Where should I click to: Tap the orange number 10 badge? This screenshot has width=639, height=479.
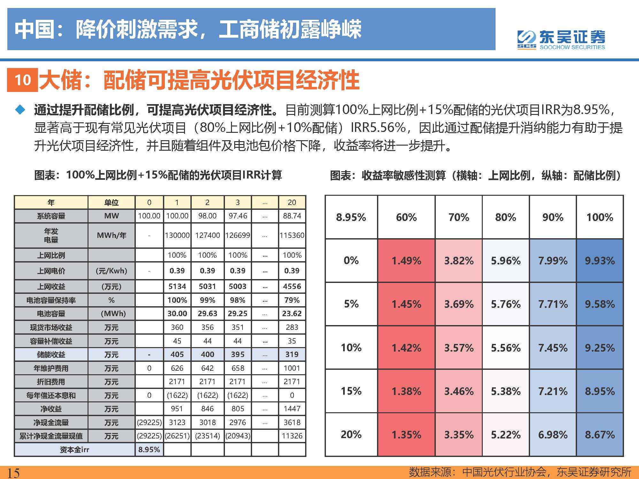tap(23, 80)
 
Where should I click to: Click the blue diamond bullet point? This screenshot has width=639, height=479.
tap(20, 110)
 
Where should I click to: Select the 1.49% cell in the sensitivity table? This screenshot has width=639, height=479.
tap(406, 261)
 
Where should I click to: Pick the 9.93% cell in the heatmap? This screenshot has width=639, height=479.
tap(600, 261)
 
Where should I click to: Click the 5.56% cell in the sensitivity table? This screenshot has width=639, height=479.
tap(505, 347)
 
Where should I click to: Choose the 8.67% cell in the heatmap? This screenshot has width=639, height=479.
tap(600, 434)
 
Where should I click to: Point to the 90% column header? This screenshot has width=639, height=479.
tap(553, 217)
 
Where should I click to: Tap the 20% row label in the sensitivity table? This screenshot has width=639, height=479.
tap(351, 434)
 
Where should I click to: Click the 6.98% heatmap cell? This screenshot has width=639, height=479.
tap(553, 434)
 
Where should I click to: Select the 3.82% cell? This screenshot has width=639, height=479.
tap(458, 261)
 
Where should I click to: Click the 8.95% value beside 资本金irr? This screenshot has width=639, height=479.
tap(149, 450)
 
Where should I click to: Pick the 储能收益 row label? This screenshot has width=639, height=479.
tap(51, 354)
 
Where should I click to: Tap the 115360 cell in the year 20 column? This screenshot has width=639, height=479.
tap(292, 235)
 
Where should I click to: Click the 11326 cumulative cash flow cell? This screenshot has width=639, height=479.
tap(292, 436)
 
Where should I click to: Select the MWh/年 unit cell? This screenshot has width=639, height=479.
tap(111, 235)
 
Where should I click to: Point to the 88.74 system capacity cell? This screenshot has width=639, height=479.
tap(292, 216)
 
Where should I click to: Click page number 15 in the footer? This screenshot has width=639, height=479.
tap(13, 473)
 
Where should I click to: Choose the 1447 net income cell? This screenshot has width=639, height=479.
tap(292, 409)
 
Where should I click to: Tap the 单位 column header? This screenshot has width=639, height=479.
tap(111, 202)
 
